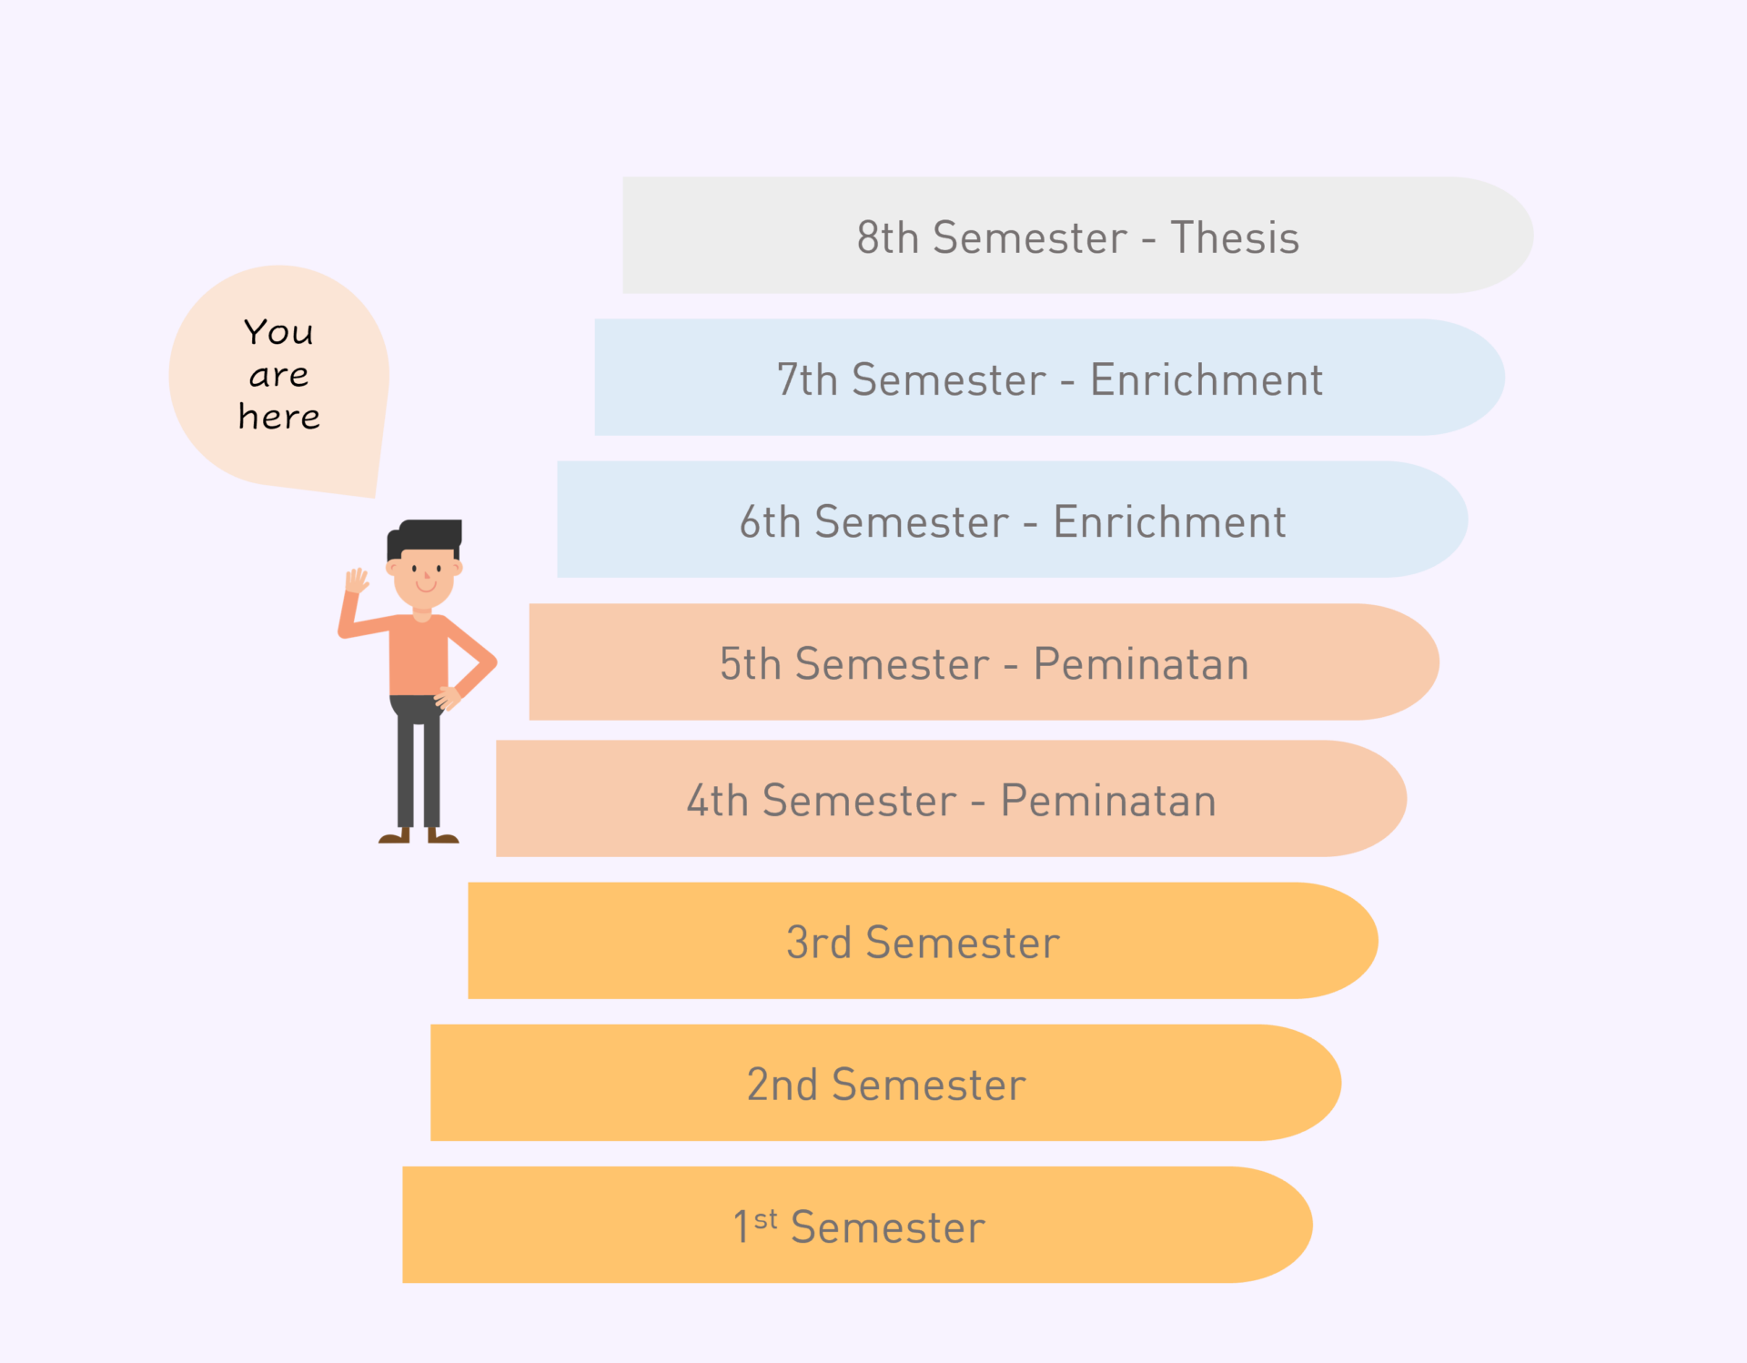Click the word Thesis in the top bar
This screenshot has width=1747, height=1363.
[1235, 237]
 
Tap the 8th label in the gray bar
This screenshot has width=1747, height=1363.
[888, 237]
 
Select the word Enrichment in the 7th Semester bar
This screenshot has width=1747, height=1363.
[1207, 379]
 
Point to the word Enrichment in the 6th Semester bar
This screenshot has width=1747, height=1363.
[1169, 521]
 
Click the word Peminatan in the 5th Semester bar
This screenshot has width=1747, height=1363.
[1141, 663]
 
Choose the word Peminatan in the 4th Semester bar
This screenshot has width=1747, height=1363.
[1108, 801]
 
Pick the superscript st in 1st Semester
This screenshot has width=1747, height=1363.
[765, 1218]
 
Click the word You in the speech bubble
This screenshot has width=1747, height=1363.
[278, 332]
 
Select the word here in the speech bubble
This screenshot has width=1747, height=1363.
[279, 416]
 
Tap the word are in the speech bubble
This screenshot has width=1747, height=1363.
[278, 375]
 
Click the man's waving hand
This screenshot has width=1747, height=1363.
[356, 581]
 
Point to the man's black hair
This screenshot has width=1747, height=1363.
[425, 537]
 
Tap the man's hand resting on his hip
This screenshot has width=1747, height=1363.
[448, 698]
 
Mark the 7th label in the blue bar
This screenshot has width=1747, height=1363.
[807, 379]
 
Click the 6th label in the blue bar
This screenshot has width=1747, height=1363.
[770, 521]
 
